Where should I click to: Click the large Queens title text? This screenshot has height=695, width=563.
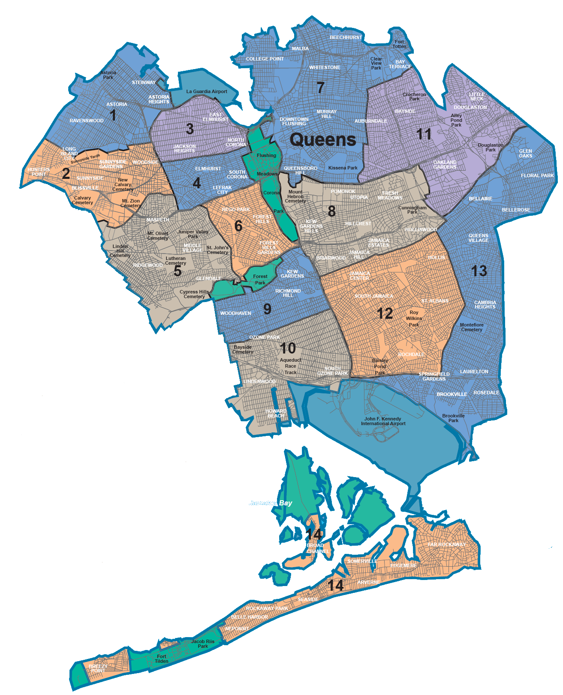coord(323,139)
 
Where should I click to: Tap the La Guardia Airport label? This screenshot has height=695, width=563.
coord(207,91)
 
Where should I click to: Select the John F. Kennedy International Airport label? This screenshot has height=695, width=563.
coord(383,421)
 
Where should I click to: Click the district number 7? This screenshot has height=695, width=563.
coord(320,88)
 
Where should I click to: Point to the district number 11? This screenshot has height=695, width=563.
coord(424,134)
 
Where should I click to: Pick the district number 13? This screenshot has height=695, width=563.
coord(479,271)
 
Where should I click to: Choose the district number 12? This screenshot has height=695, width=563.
coord(384,314)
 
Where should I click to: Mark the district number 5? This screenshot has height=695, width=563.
coord(178,271)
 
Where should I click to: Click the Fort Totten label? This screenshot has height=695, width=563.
coord(399,44)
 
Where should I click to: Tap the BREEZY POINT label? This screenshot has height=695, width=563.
coord(98,668)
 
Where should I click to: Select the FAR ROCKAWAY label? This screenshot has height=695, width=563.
coord(447,544)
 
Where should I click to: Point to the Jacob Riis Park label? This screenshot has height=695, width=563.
coord(203,644)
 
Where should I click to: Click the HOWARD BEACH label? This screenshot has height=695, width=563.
coord(276,414)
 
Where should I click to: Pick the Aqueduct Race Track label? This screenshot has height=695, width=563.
coord(290,366)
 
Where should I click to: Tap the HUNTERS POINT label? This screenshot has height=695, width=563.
coord(39,172)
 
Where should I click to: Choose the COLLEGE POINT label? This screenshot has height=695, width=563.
coord(265,59)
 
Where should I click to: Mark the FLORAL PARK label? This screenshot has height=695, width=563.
coord(537,175)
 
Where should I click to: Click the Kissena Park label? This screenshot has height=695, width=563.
coord(343,168)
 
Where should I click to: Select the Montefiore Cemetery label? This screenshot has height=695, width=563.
coord(472,327)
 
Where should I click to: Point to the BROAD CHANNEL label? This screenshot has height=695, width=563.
coord(318,548)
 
